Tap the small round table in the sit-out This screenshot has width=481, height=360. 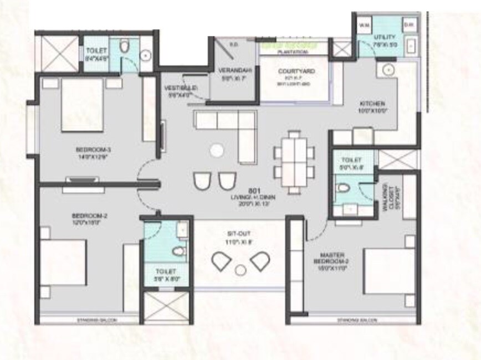[240, 270]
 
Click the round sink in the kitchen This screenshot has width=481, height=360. [388, 70]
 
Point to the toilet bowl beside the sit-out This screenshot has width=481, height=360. [177, 252]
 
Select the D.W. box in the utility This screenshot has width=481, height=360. [409, 24]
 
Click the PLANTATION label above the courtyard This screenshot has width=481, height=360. [293, 52]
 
